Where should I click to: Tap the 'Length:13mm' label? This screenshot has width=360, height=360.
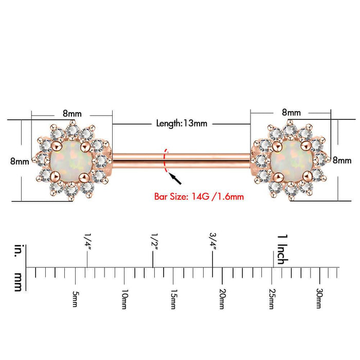pyautogui.click(x=182, y=123)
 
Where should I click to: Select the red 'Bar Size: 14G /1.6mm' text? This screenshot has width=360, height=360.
pyautogui.click(x=199, y=197)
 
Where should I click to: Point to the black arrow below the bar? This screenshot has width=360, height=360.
pyautogui.click(x=175, y=178)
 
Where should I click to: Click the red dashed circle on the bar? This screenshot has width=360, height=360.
pyautogui.click(x=166, y=160)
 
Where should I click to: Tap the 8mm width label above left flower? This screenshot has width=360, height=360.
pyautogui.click(x=72, y=114)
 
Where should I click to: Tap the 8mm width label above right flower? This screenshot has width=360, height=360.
pyautogui.click(x=291, y=113)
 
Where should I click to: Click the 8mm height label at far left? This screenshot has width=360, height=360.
pyautogui.click(x=20, y=161)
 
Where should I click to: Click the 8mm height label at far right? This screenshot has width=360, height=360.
pyautogui.click(x=342, y=160)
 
